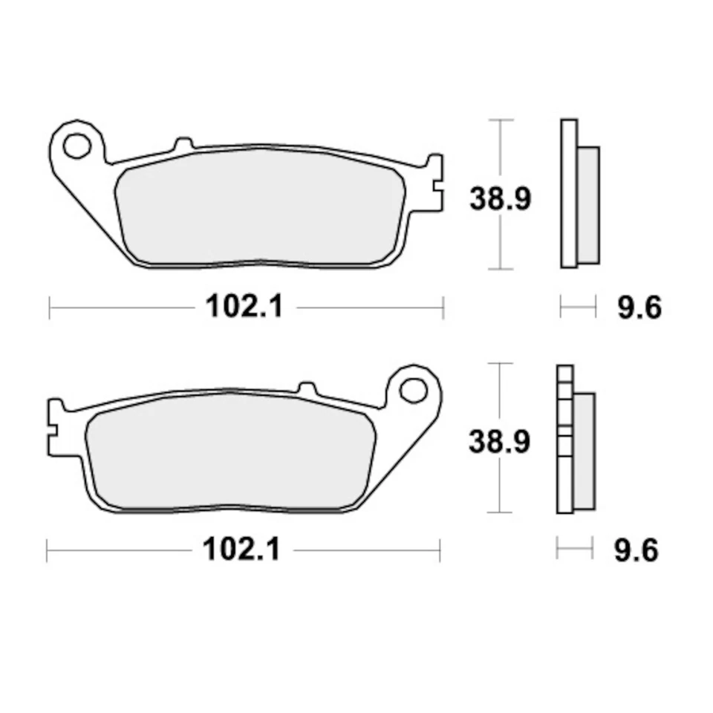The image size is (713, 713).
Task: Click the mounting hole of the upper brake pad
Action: (76, 146)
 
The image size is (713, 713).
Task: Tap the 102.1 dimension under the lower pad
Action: (242, 550)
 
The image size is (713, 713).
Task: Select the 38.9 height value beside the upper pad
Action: (500, 199)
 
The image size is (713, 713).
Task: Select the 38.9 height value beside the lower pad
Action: (499, 442)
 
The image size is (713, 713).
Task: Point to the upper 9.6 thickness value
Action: (639, 307)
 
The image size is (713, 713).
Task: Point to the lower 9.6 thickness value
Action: (637, 550)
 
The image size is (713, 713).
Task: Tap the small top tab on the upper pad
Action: (183, 144)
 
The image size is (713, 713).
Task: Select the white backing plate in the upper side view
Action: (568, 193)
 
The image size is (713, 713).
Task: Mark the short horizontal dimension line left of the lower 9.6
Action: (574, 550)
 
